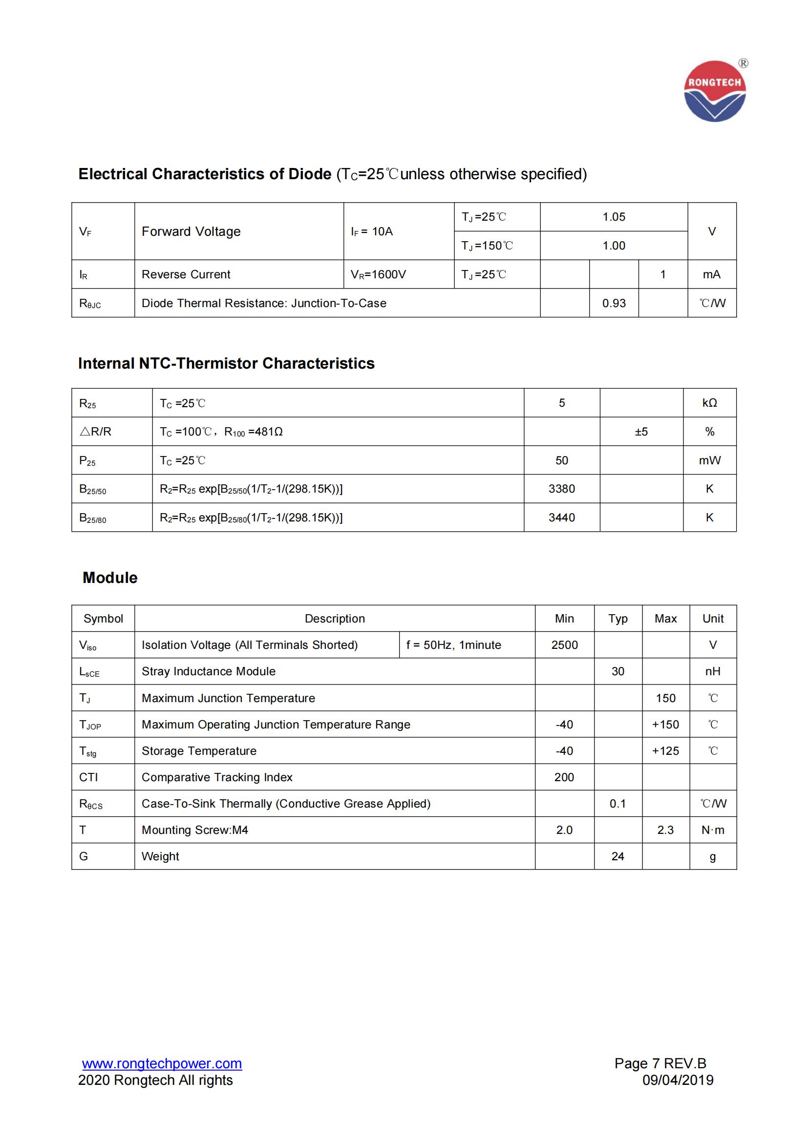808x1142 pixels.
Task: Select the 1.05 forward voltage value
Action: [614, 217]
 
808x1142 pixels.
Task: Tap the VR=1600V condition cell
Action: [378, 274]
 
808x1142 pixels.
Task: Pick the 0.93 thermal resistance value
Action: [614, 303]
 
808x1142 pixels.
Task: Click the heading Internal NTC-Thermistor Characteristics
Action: [226, 364]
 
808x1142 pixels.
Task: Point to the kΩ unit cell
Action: [709, 403]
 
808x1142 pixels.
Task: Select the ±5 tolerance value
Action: [641, 432]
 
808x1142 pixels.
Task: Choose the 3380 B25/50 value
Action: [562, 489]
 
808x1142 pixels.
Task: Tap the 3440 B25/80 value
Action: [562, 518]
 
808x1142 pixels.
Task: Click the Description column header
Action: [334, 619]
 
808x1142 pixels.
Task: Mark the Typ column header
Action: [617, 619]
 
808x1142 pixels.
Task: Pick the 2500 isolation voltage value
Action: [564, 645]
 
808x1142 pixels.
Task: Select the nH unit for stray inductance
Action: [712, 671]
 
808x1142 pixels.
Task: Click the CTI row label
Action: [88, 777]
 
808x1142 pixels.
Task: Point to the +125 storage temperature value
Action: [665, 751]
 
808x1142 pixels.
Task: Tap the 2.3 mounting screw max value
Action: [665, 830]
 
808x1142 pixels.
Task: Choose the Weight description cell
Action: [160, 856]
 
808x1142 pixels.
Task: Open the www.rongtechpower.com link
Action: [162, 1064]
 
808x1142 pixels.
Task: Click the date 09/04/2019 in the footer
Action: [678, 1080]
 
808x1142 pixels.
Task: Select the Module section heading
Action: [110, 578]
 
